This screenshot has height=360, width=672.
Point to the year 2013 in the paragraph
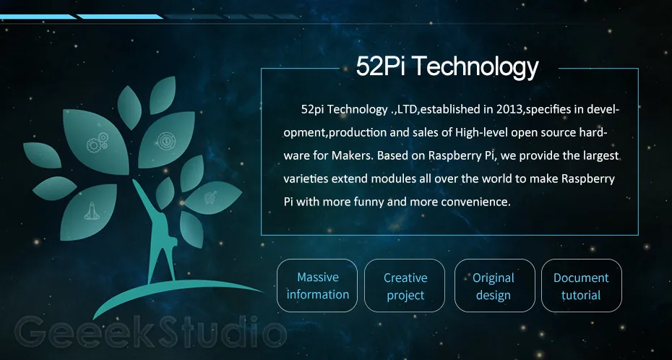click(509, 110)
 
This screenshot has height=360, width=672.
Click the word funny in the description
click(367, 202)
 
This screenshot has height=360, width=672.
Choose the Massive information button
click(317, 286)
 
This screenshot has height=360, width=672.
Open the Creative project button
click(405, 286)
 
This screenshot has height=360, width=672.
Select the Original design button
click(494, 286)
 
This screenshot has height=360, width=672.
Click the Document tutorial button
click(581, 286)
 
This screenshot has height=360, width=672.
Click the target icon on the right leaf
click(210, 195)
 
